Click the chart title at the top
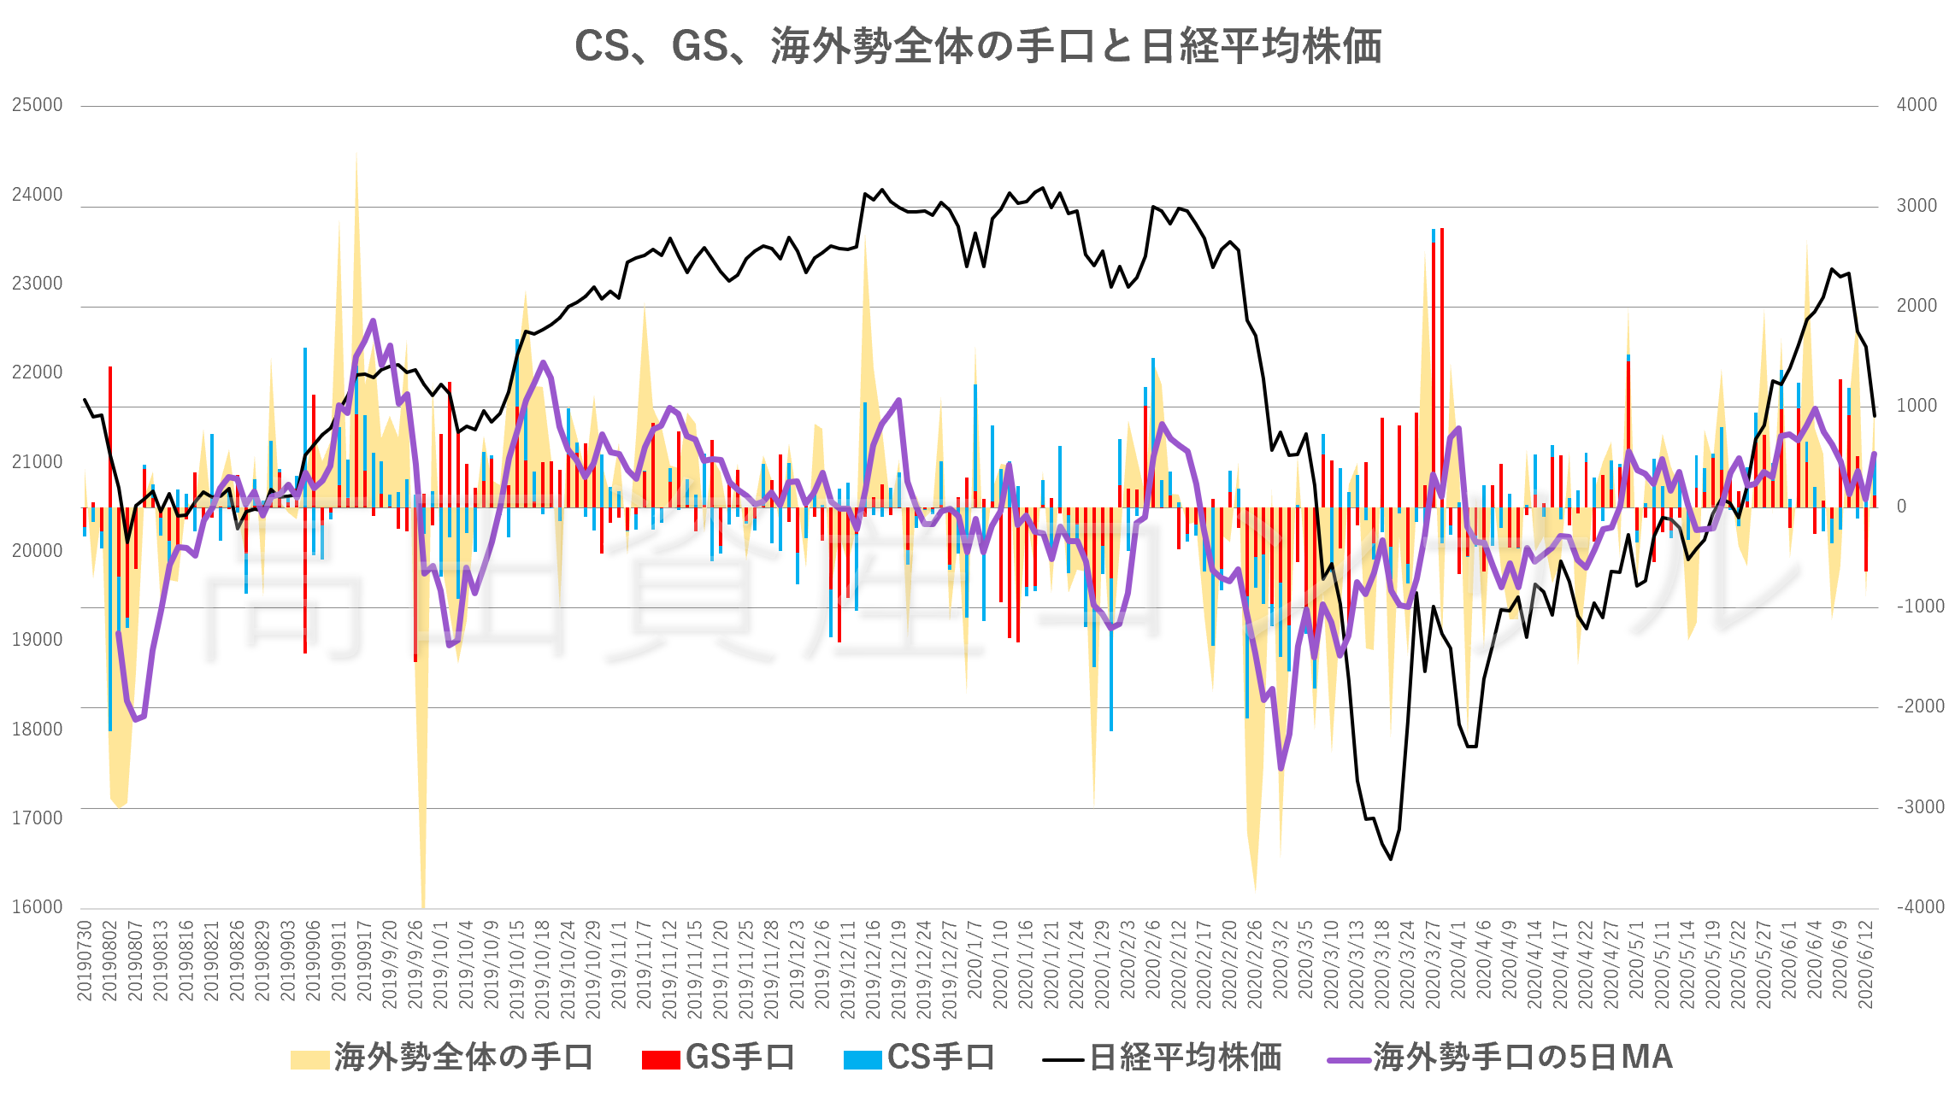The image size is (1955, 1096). (x=977, y=46)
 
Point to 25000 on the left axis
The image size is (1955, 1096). (x=38, y=105)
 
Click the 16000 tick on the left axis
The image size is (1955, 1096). (x=38, y=907)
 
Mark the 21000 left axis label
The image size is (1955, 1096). (x=38, y=462)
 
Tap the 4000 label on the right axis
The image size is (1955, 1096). (x=1917, y=105)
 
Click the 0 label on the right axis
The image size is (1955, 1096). (x=1901, y=507)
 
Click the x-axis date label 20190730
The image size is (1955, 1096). (x=84, y=961)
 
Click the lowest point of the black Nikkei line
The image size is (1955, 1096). (x=1391, y=859)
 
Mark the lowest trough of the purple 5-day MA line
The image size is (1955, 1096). (x=1281, y=768)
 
